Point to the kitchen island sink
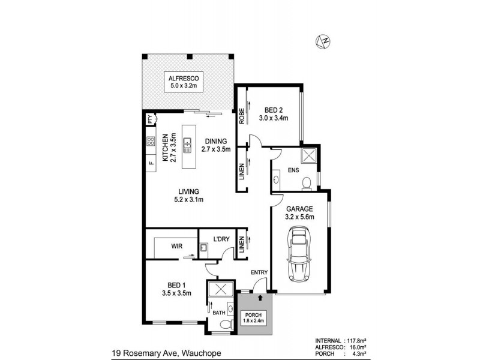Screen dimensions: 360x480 click(188, 144)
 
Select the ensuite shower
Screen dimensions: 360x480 click(308, 155)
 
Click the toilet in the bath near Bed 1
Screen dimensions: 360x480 click(224, 325)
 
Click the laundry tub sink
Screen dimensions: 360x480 click(203, 247)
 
